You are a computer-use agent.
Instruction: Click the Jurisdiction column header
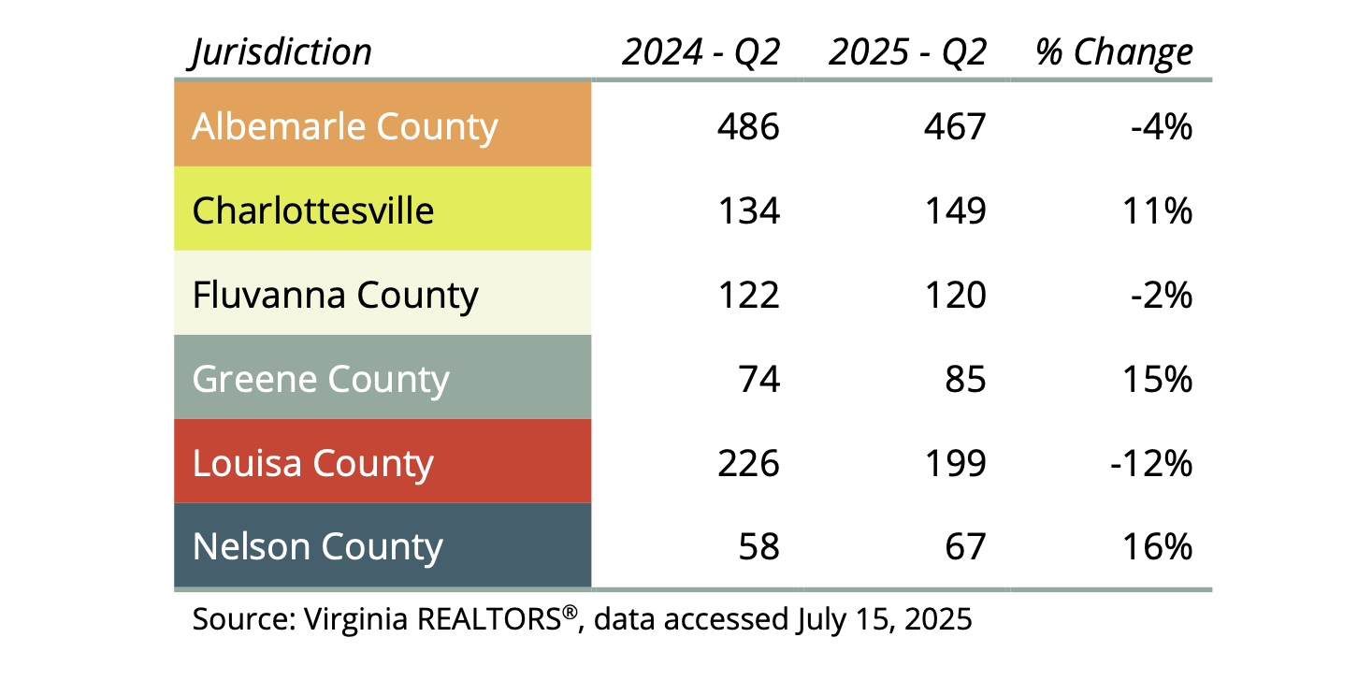pyautogui.click(x=282, y=52)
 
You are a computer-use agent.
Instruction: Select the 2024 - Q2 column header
pyautogui.click(x=701, y=52)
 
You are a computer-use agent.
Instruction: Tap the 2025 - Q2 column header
pyautogui.click(x=907, y=52)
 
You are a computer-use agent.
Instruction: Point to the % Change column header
pyautogui.click(x=1114, y=52)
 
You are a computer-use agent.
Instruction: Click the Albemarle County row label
pyautogui.click(x=344, y=126)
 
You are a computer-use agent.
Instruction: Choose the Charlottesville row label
pyautogui.click(x=312, y=210)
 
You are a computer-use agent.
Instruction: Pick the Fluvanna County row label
pyautogui.click(x=335, y=295)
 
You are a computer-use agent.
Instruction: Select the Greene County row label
pyautogui.click(x=320, y=379)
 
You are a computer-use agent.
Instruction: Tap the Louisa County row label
pyautogui.click(x=312, y=463)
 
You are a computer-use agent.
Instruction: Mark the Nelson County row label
pyautogui.click(x=317, y=547)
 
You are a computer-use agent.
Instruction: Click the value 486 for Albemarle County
pyautogui.click(x=748, y=126)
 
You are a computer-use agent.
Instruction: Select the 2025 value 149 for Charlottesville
pyautogui.click(x=955, y=210)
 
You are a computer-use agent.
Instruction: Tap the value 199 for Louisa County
pyautogui.click(x=955, y=463)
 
